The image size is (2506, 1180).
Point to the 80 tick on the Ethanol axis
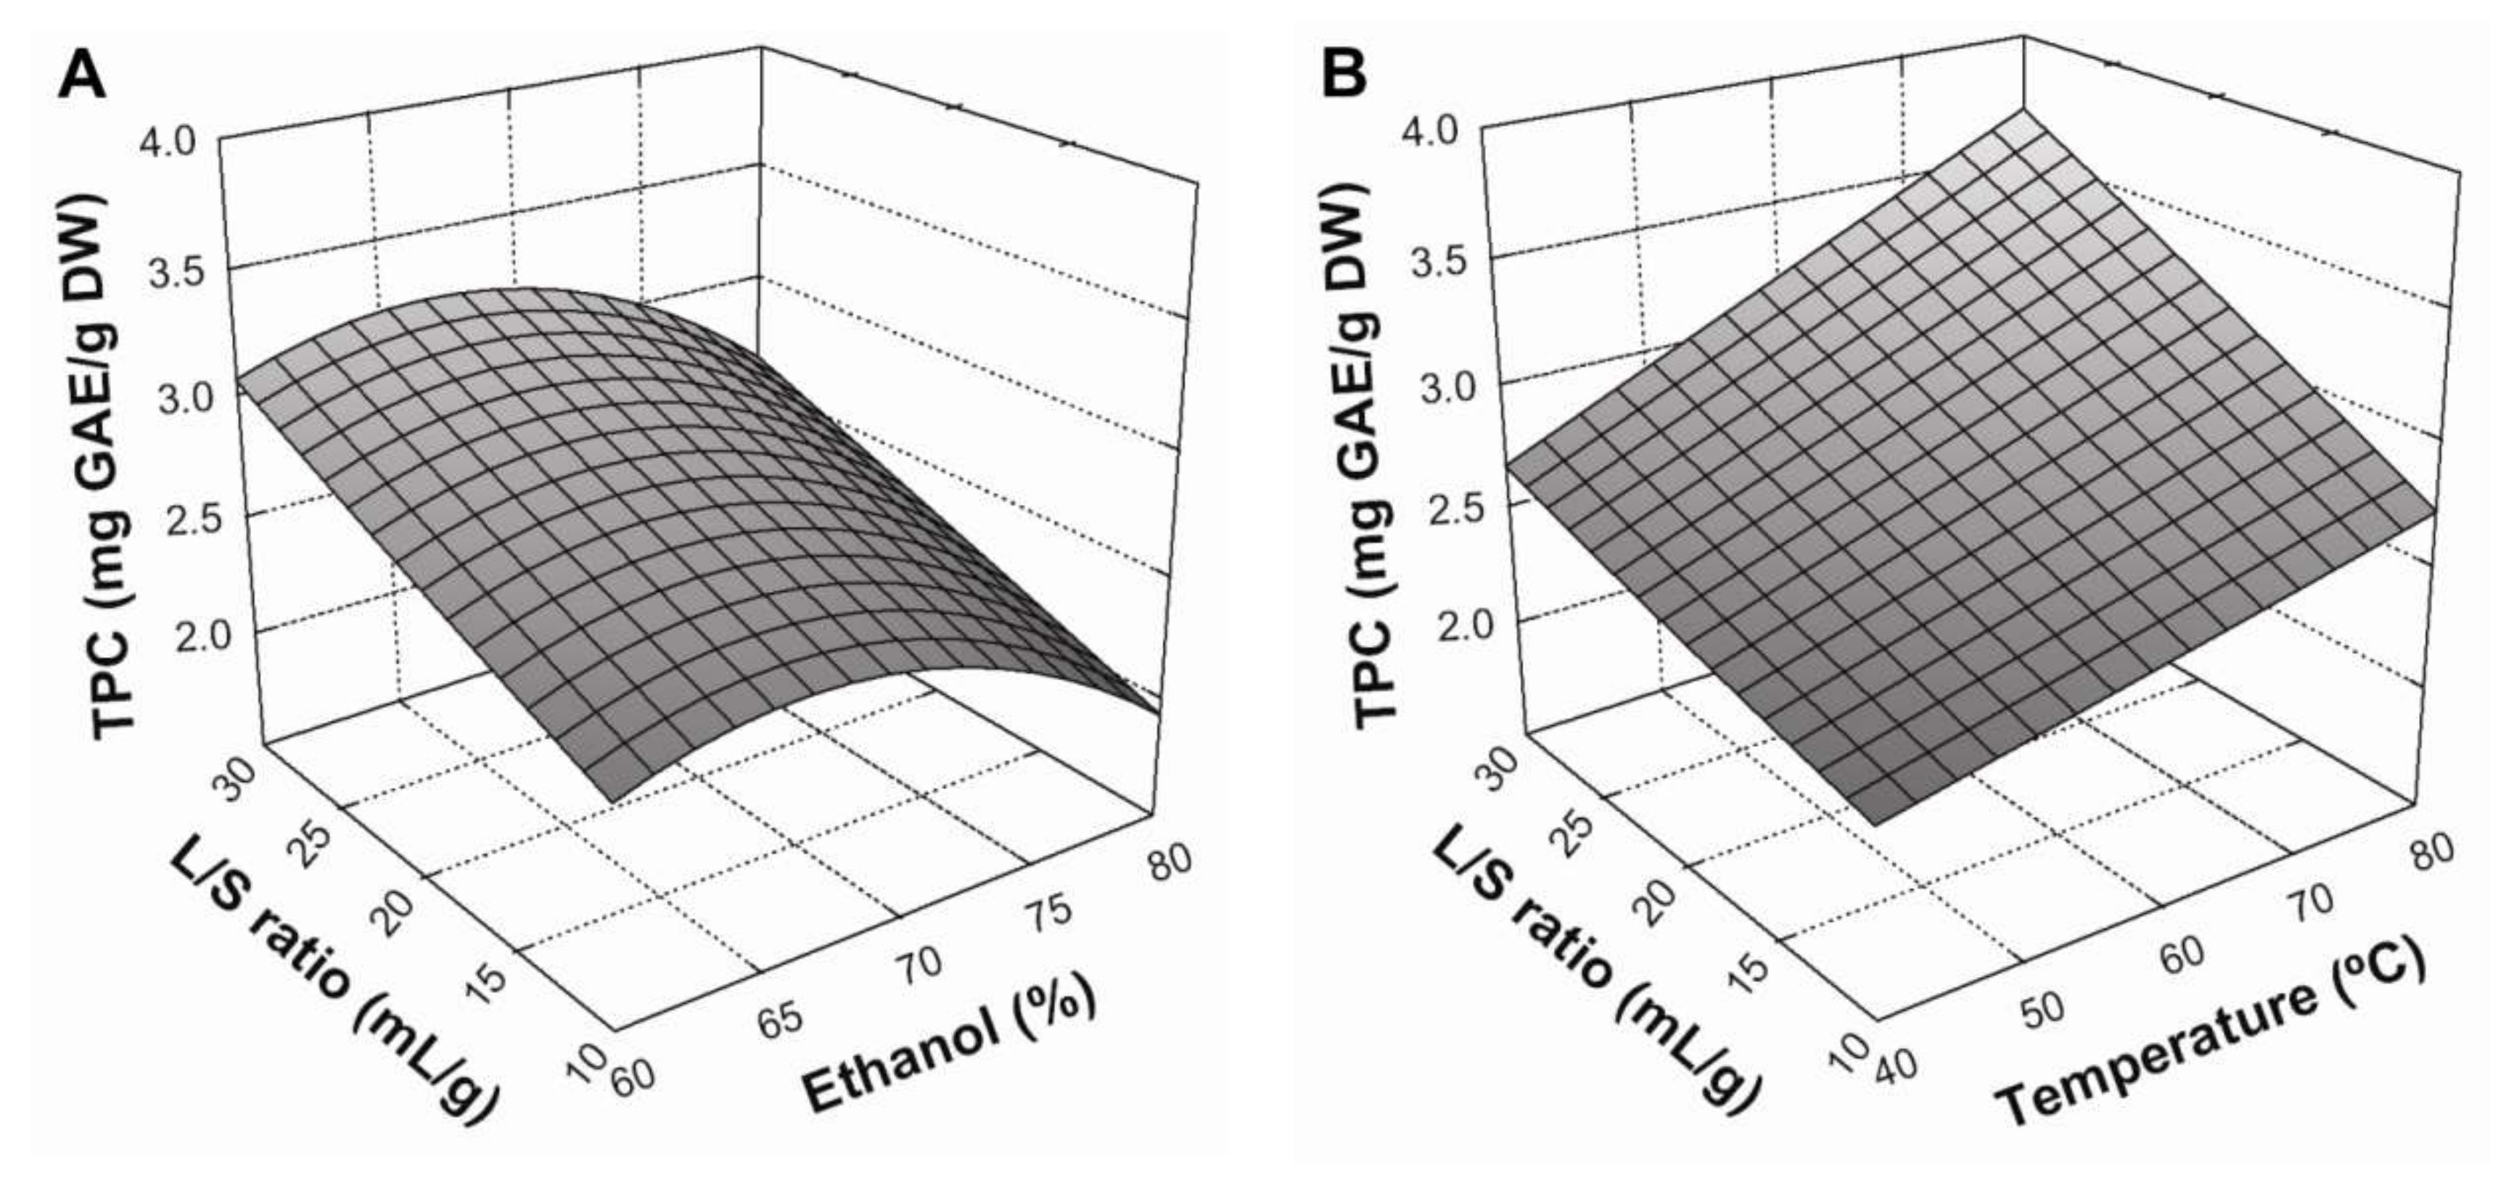click(1168, 861)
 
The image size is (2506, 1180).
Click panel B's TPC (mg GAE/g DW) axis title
click(1373, 453)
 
